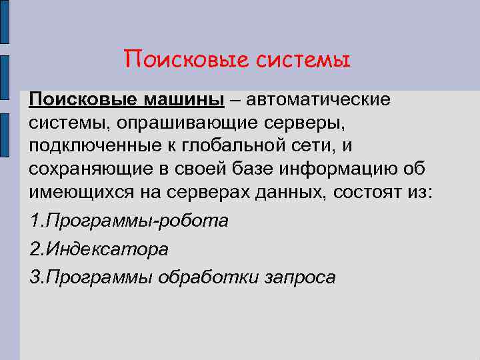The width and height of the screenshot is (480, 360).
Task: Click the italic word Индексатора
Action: pyautogui.click(x=106, y=249)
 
